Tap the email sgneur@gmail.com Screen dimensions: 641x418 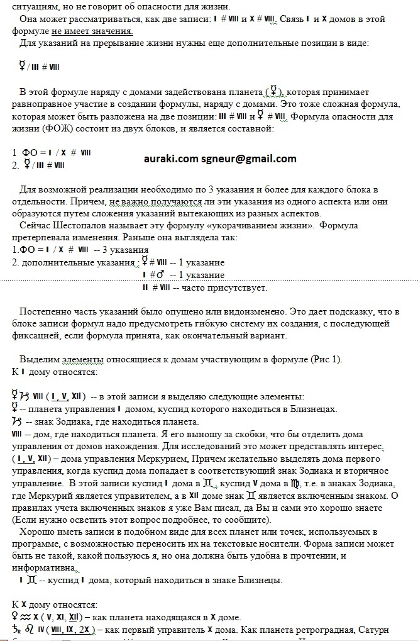click(248, 159)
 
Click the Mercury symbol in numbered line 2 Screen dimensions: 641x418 click(28, 165)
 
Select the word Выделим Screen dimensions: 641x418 click(40, 359)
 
